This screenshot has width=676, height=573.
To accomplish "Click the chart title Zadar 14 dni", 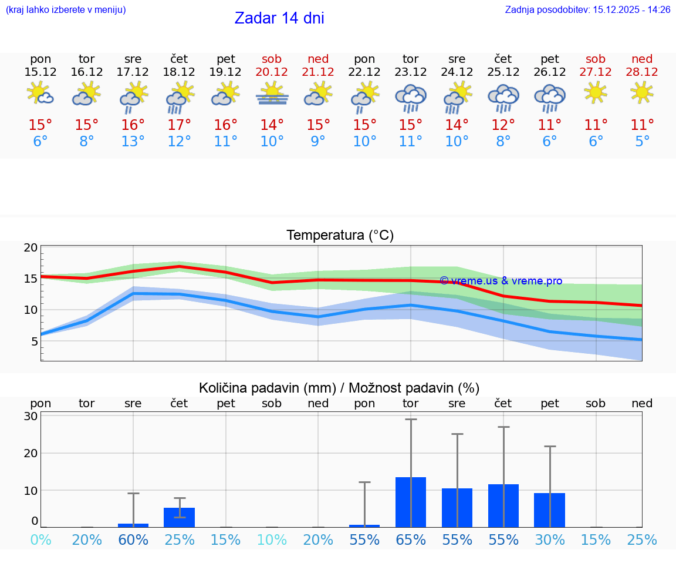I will (279, 18).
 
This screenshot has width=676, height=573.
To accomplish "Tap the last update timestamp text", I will (587, 9).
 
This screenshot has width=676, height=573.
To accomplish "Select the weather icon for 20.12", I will (272, 94).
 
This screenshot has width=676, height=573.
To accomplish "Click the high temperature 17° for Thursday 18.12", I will (180, 125).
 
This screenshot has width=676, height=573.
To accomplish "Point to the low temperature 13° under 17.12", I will (133, 142).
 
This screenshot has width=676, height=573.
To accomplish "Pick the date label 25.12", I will (503, 72).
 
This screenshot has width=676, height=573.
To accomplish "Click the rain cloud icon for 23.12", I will (411, 97).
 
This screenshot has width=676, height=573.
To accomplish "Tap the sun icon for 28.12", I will (642, 92).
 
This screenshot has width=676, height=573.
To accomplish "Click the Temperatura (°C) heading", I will (340, 235).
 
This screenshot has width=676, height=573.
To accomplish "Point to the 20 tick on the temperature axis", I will (31, 247).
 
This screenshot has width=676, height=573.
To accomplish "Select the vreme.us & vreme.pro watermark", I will (501, 281).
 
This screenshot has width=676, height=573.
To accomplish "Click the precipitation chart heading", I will (339, 388).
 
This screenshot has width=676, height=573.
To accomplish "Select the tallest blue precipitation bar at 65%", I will (411, 502).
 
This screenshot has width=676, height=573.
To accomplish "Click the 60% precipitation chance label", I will (133, 540).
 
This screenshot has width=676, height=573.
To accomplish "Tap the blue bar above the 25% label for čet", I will (180, 517).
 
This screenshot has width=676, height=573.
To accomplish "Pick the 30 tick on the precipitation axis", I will (31, 416).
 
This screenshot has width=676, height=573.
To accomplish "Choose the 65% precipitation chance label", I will (411, 540).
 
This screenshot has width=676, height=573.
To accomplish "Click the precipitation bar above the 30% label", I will (550, 510).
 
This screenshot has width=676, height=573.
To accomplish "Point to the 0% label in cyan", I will (40, 540).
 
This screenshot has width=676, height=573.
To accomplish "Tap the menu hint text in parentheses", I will (66, 9).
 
